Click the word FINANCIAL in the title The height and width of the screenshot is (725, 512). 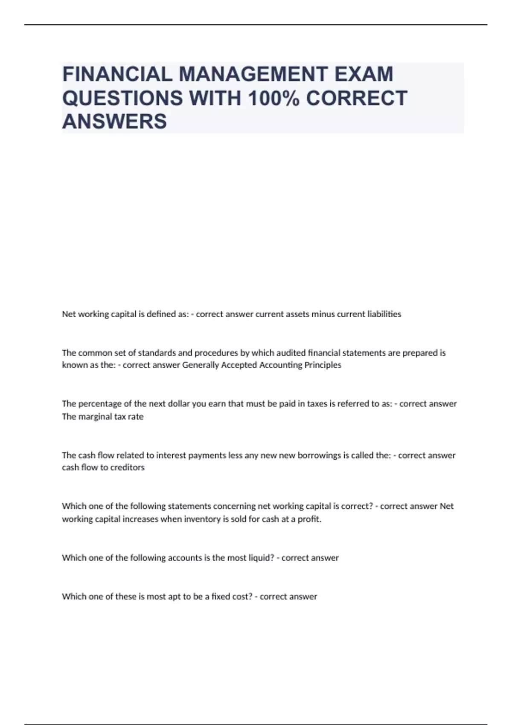coord(117,74)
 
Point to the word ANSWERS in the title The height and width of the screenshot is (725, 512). coord(114,121)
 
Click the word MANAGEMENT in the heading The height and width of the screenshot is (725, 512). coord(253,74)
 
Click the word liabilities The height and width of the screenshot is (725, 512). coord(384,314)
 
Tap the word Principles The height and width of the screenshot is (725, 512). coord(323,365)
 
